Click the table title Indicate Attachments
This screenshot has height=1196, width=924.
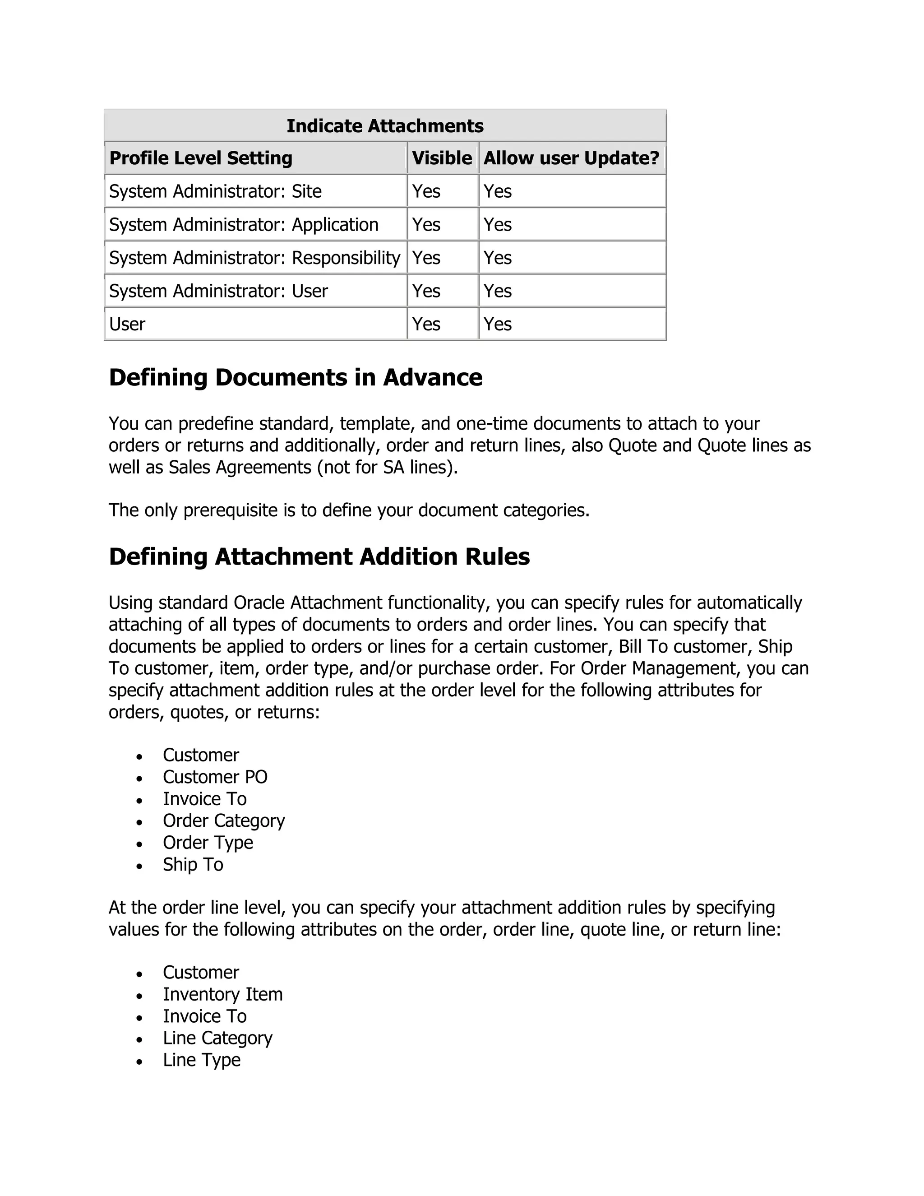tap(385, 126)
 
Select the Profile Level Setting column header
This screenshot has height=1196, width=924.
tap(201, 158)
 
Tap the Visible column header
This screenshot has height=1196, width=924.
tap(442, 158)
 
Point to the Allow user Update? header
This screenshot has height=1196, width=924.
tap(572, 158)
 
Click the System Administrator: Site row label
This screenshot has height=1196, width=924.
tap(215, 192)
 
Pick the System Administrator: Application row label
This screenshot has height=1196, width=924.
tap(244, 224)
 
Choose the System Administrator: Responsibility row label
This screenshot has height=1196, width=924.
tap(254, 258)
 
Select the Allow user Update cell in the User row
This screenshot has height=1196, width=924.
tap(498, 324)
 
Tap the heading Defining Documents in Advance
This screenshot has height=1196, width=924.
tap(296, 378)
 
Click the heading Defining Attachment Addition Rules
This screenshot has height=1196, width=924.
tap(319, 557)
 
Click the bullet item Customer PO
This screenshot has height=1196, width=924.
tap(215, 777)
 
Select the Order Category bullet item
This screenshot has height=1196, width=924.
tap(224, 821)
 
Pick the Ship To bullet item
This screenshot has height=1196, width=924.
tap(193, 865)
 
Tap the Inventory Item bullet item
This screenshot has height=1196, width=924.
tap(223, 994)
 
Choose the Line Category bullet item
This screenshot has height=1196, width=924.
tap(217, 1038)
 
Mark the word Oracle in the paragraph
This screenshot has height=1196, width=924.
tap(259, 603)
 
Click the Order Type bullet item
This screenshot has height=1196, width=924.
tap(208, 843)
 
